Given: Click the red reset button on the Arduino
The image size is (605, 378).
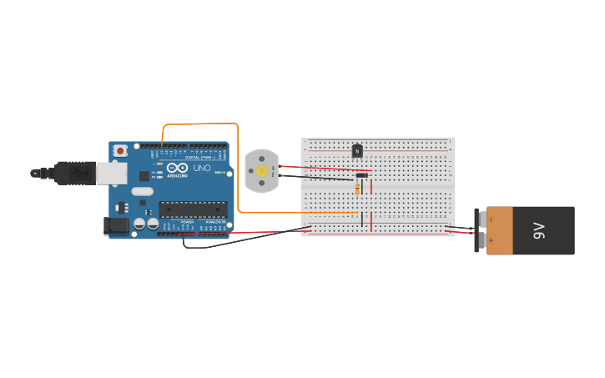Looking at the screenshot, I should [x=121, y=151].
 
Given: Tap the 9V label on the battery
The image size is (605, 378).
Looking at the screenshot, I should [x=539, y=230].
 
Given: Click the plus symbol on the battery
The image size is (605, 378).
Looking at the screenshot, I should [x=491, y=241].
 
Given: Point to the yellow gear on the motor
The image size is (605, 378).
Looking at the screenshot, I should [x=261, y=171].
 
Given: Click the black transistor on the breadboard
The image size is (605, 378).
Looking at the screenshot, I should [x=357, y=151].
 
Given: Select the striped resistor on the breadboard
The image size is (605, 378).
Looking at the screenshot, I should [x=358, y=189].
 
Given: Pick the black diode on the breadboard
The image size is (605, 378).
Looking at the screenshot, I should [x=361, y=175].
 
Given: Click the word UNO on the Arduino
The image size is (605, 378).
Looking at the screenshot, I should [x=202, y=168].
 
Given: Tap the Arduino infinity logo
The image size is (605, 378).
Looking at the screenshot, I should [x=177, y=168].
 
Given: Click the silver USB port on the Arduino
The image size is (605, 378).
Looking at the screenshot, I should [x=112, y=172].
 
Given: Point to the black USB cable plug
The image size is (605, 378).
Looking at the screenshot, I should [x=74, y=172].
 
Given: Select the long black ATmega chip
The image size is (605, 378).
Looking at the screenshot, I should [x=193, y=209].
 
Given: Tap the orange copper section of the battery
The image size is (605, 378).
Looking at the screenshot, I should [x=501, y=230].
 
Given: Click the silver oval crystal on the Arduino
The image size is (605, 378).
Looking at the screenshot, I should [x=143, y=191].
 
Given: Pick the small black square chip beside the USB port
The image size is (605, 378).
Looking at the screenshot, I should [x=144, y=176].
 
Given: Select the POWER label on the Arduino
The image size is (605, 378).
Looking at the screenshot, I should [x=188, y=222].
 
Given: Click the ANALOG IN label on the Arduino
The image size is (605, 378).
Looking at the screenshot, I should [x=215, y=222].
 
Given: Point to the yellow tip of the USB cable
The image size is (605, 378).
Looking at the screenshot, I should [x=35, y=173].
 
